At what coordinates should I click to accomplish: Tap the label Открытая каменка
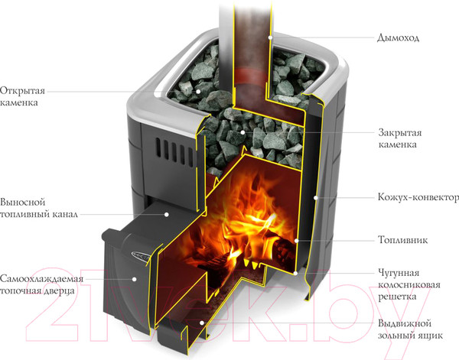pos(21,93)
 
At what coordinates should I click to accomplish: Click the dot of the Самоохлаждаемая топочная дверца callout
pos(135,280)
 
